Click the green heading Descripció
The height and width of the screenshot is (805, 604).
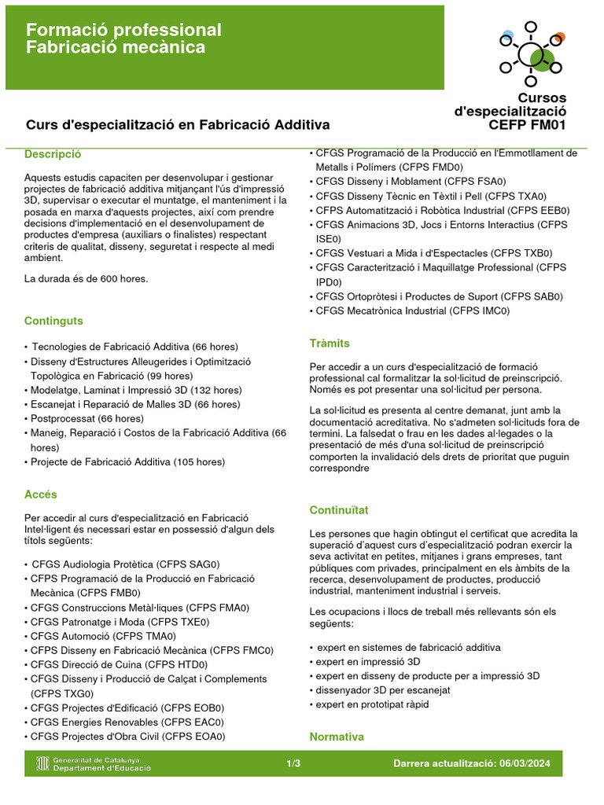point(53,154)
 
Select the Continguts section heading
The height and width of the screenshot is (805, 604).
point(53,321)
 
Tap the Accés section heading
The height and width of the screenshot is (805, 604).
point(40,494)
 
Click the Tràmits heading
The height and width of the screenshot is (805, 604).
point(330,344)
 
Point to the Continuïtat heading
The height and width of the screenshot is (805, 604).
point(338,510)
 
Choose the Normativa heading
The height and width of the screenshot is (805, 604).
point(337,737)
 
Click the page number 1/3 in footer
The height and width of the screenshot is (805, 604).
point(293,764)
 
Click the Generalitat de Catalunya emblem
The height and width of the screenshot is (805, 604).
point(43,763)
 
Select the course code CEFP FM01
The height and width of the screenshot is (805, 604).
point(526,124)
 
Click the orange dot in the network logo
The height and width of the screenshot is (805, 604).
point(558,38)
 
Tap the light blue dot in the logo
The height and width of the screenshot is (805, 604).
point(508,35)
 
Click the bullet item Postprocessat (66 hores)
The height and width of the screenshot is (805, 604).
point(87,418)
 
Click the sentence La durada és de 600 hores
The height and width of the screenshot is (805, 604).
point(86,278)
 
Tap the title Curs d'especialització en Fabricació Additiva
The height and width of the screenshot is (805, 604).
point(178,124)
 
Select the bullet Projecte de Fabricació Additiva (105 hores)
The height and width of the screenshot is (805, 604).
point(127,461)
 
